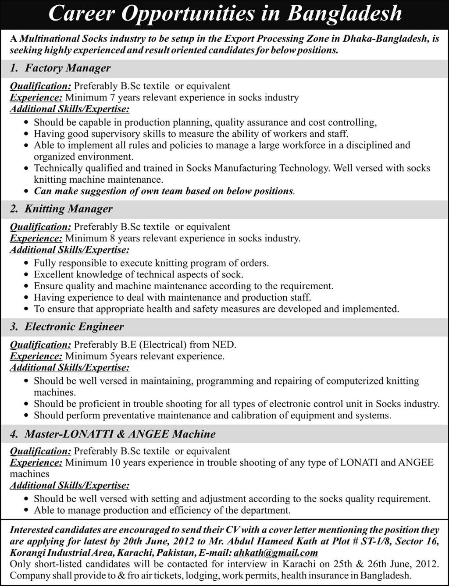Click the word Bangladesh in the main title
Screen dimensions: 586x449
tap(344, 14)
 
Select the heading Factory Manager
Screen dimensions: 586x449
tap(68, 68)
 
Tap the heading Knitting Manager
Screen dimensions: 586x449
tap(68, 209)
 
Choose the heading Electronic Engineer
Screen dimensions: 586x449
tap(74, 327)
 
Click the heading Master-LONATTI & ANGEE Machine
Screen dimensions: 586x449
tap(120, 434)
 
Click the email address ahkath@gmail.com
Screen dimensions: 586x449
tap(276, 553)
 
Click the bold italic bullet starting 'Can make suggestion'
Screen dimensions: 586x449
tap(164, 191)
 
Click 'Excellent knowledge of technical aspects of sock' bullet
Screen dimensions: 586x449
tap(138, 275)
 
